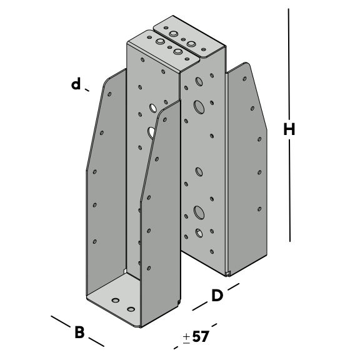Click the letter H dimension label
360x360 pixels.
coord(289,129)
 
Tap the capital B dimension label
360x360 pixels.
coord(79,332)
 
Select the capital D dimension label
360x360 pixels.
coord(217,296)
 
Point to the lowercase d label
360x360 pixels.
coord(76,84)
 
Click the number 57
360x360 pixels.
coord(201,337)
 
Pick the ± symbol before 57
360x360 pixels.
coord(186,338)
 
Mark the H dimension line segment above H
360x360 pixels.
coord(289,62)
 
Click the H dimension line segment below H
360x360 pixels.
coord(289,191)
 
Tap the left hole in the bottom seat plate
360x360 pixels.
coord(115,300)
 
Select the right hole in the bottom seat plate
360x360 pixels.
coord(131,309)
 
